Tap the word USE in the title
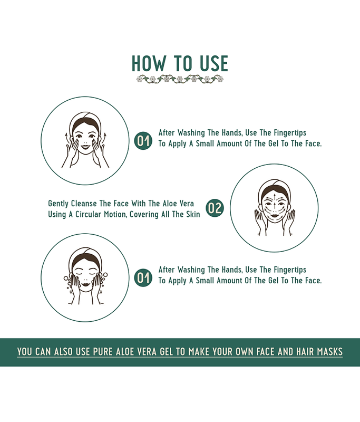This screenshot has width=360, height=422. coord(214,63)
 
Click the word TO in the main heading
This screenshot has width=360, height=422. coord(182,63)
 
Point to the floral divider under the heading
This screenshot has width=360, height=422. coord(180,79)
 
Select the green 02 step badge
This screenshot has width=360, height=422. coord(215,208)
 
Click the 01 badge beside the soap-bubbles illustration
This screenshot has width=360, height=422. coord(143,278)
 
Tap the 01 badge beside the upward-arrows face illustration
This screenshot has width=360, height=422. coord(143,141)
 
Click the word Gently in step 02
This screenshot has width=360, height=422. coord(58,204)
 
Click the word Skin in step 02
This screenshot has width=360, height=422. coord(194,215)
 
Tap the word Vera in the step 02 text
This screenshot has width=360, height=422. coord(186,204)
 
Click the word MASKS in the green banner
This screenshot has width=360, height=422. coord(329,352)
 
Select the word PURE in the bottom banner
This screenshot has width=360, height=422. coord(103,352)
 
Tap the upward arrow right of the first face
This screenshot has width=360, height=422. coord(104,137)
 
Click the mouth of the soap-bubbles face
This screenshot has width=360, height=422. coord(86,284)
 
